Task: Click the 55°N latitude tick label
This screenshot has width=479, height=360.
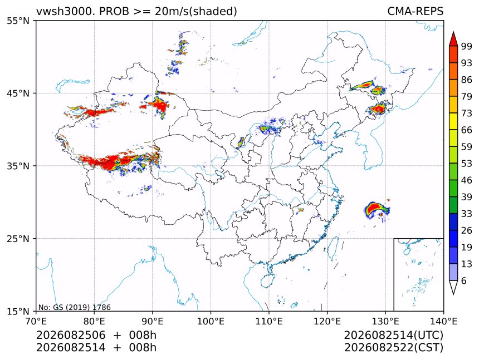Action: [18, 21]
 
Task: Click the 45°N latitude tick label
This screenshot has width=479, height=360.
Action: [18, 93]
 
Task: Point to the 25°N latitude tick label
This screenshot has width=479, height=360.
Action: [18, 239]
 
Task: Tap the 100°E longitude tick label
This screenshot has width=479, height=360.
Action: [211, 321]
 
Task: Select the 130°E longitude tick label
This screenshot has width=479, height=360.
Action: [385, 321]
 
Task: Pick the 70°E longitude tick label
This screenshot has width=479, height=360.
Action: [36, 321]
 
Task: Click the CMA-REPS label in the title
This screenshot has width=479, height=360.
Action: [415, 11]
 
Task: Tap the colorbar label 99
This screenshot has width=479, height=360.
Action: [467, 47]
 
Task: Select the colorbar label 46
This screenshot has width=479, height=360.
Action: [467, 181]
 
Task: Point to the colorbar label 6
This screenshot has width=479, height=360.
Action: [464, 281]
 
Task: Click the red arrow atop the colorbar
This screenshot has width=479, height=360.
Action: [453, 38]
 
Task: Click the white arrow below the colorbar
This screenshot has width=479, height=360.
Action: [453, 288]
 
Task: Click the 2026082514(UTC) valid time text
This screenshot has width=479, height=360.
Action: [393, 336]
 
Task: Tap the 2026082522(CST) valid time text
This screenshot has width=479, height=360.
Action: [393, 348]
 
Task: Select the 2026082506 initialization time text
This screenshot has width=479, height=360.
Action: [71, 336]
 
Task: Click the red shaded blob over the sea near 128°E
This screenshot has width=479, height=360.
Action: [377, 209]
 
